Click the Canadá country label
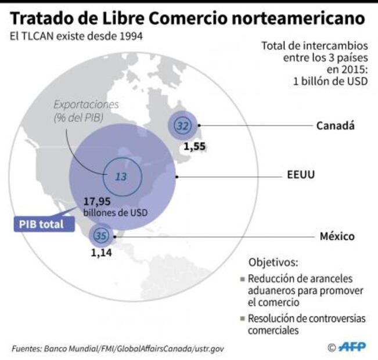click(x=335, y=125)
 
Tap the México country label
click(x=337, y=236)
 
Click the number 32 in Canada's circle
click(x=183, y=126)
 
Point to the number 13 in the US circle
click(x=121, y=175)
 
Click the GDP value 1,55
click(x=195, y=147)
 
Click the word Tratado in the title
click(x=40, y=19)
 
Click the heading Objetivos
click(x=273, y=262)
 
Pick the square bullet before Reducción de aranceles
click(x=242, y=279)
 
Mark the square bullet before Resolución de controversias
click(x=242, y=319)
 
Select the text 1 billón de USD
click(x=331, y=81)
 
